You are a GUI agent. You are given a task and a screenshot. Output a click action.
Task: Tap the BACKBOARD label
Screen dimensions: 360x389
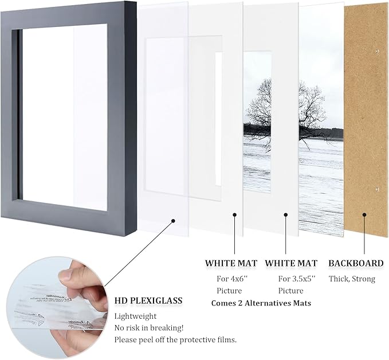(x=356, y=263)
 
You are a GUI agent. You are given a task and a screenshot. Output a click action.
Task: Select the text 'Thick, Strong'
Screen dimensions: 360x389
(x=352, y=279)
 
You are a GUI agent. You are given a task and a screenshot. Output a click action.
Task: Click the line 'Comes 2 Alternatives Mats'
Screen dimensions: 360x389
(x=261, y=303)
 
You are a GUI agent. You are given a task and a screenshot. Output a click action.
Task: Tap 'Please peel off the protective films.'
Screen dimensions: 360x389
(x=175, y=339)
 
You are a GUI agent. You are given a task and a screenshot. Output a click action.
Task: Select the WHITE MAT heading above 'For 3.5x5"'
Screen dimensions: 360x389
(x=291, y=263)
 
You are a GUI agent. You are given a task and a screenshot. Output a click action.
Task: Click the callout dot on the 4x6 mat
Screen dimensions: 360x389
(x=234, y=216)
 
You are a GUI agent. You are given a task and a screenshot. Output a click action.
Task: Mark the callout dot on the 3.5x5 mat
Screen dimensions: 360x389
(x=285, y=216)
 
